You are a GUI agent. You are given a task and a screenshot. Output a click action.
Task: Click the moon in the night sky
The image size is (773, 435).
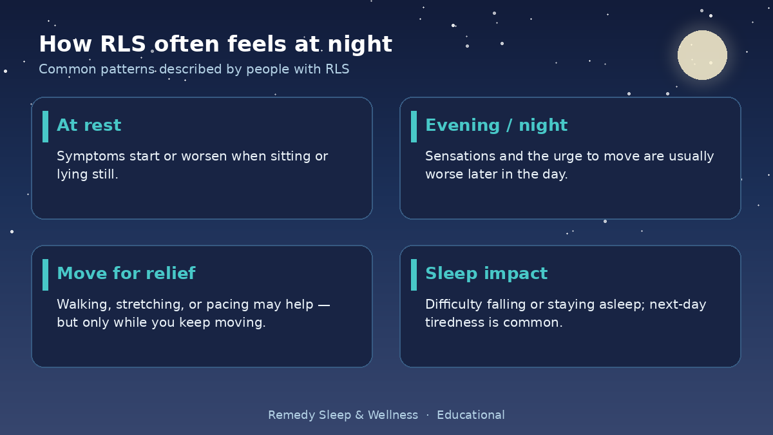[x=702, y=55]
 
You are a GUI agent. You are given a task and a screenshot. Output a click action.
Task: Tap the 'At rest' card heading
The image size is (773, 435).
[x=89, y=125]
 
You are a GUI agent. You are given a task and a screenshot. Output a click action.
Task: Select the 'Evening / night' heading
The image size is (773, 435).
[x=496, y=125]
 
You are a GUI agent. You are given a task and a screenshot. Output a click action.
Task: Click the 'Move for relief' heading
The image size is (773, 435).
[x=126, y=273]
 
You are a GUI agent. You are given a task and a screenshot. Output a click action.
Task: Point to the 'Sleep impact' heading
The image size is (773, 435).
[x=486, y=273]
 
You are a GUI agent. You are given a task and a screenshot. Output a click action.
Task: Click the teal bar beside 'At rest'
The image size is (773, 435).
[x=45, y=126]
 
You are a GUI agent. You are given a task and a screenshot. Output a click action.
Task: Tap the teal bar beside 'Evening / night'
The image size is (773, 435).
[x=414, y=126]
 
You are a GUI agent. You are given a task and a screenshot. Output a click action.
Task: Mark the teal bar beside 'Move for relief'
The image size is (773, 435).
[x=45, y=275]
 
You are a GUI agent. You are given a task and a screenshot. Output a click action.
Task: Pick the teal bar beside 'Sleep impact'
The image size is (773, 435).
[x=414, y=275]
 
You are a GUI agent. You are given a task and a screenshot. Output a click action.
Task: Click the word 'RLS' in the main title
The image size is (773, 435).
[x=123, y=44]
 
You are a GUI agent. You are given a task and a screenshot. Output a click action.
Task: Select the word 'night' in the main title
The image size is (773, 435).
[x=360, y=45]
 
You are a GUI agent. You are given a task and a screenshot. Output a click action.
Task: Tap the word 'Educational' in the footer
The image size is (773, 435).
[x=471, y=414]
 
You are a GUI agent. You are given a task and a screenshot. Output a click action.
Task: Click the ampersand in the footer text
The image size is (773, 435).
[x=359, y=414]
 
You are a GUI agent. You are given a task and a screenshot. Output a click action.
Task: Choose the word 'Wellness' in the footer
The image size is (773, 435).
[x=393, y=414]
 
